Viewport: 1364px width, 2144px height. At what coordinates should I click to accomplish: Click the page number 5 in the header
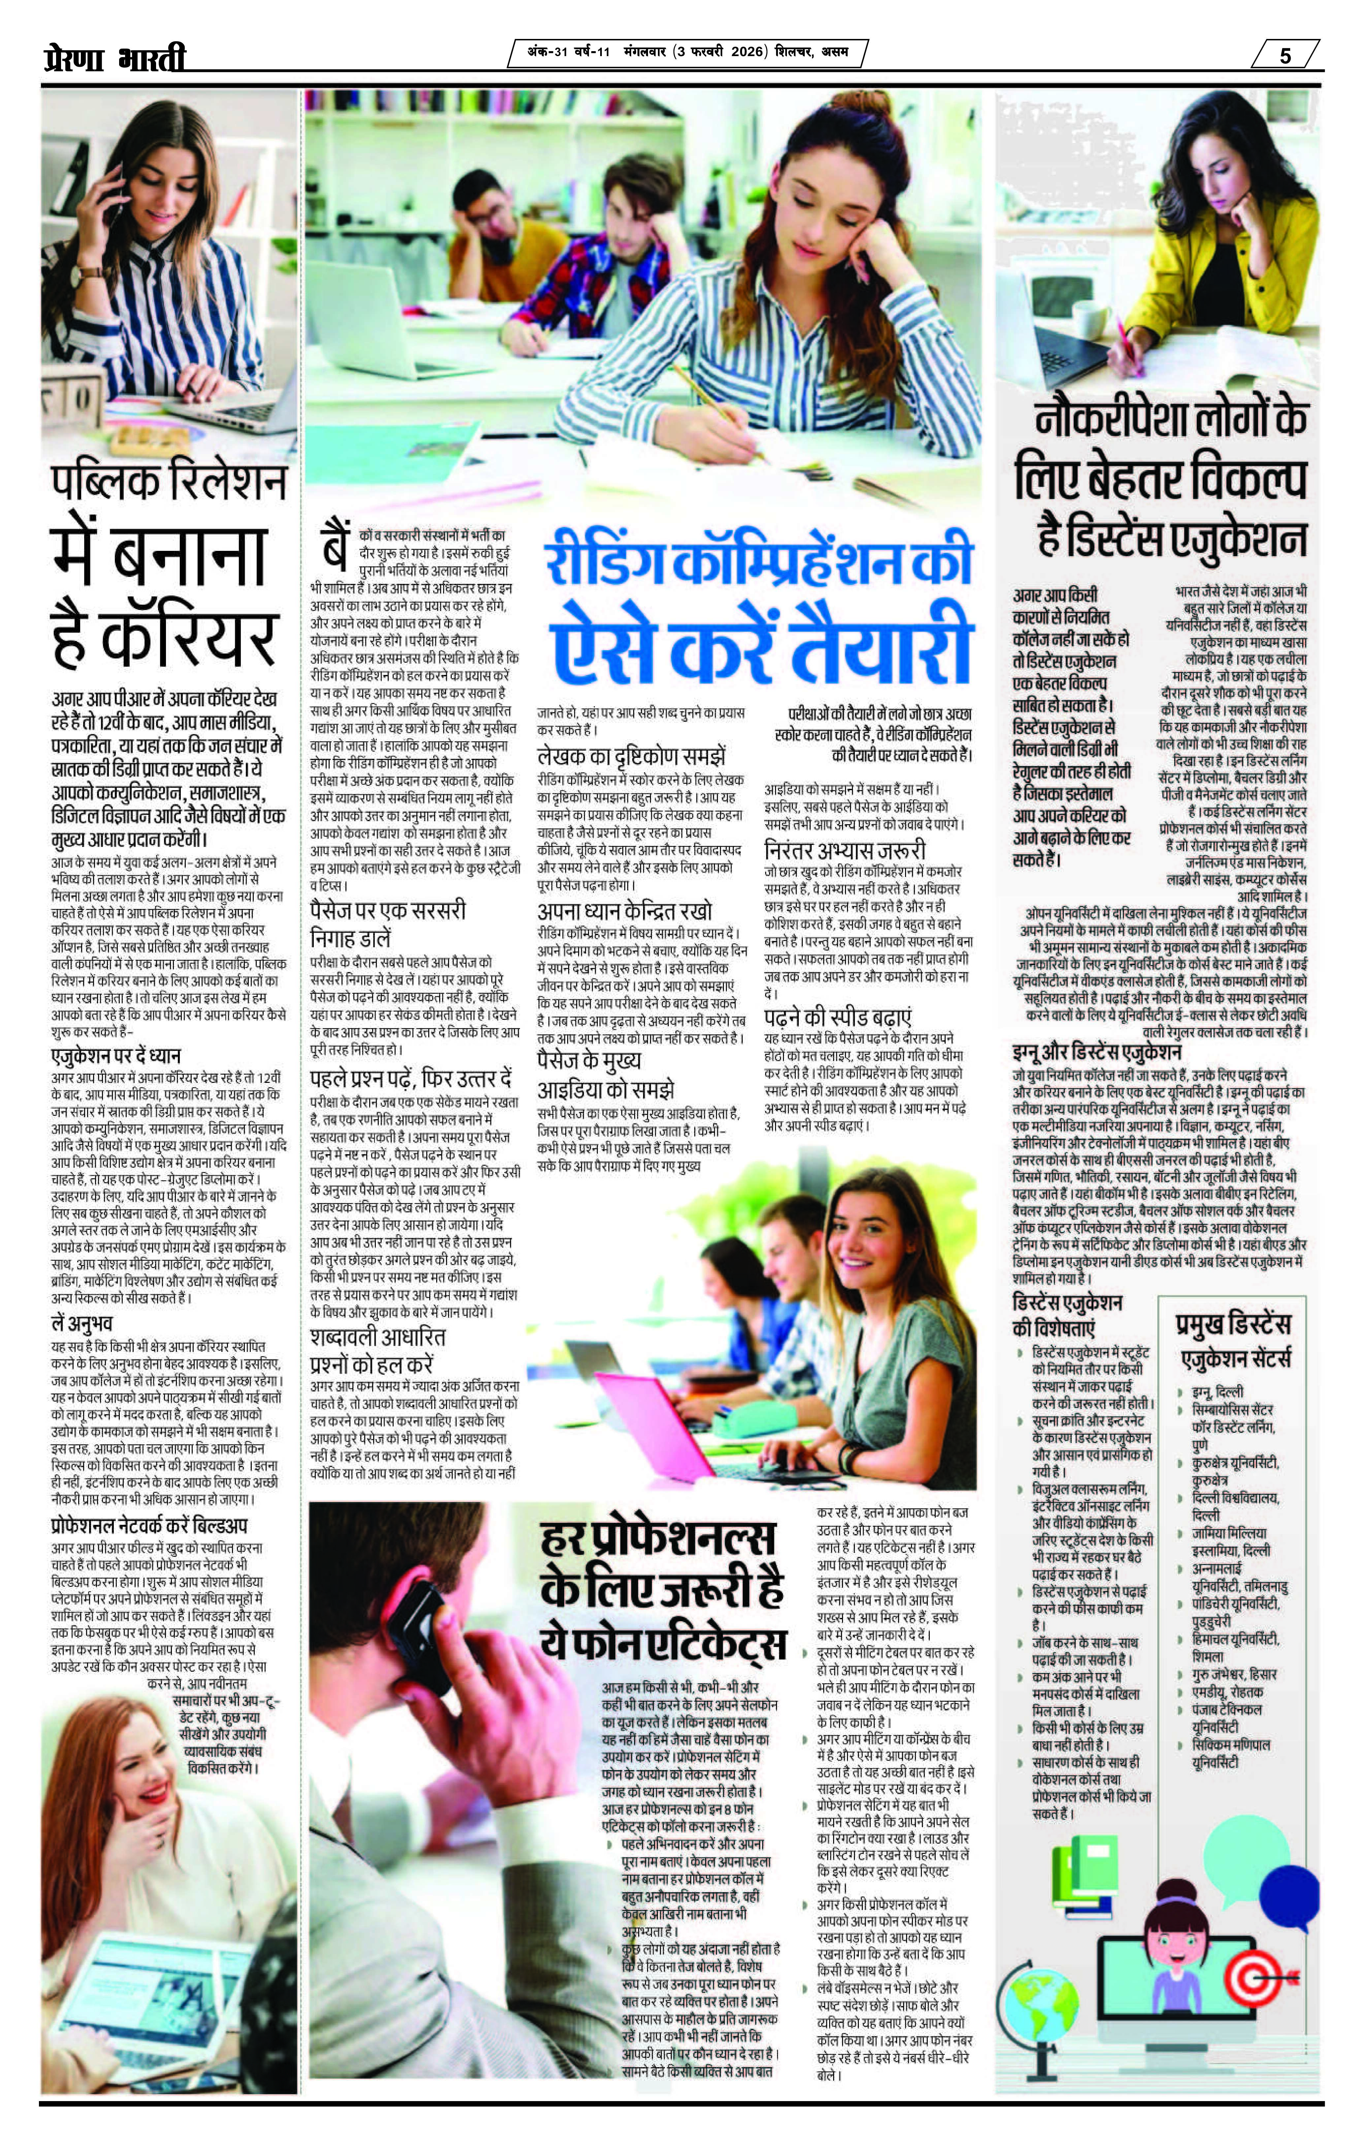tap(1285, 55)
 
